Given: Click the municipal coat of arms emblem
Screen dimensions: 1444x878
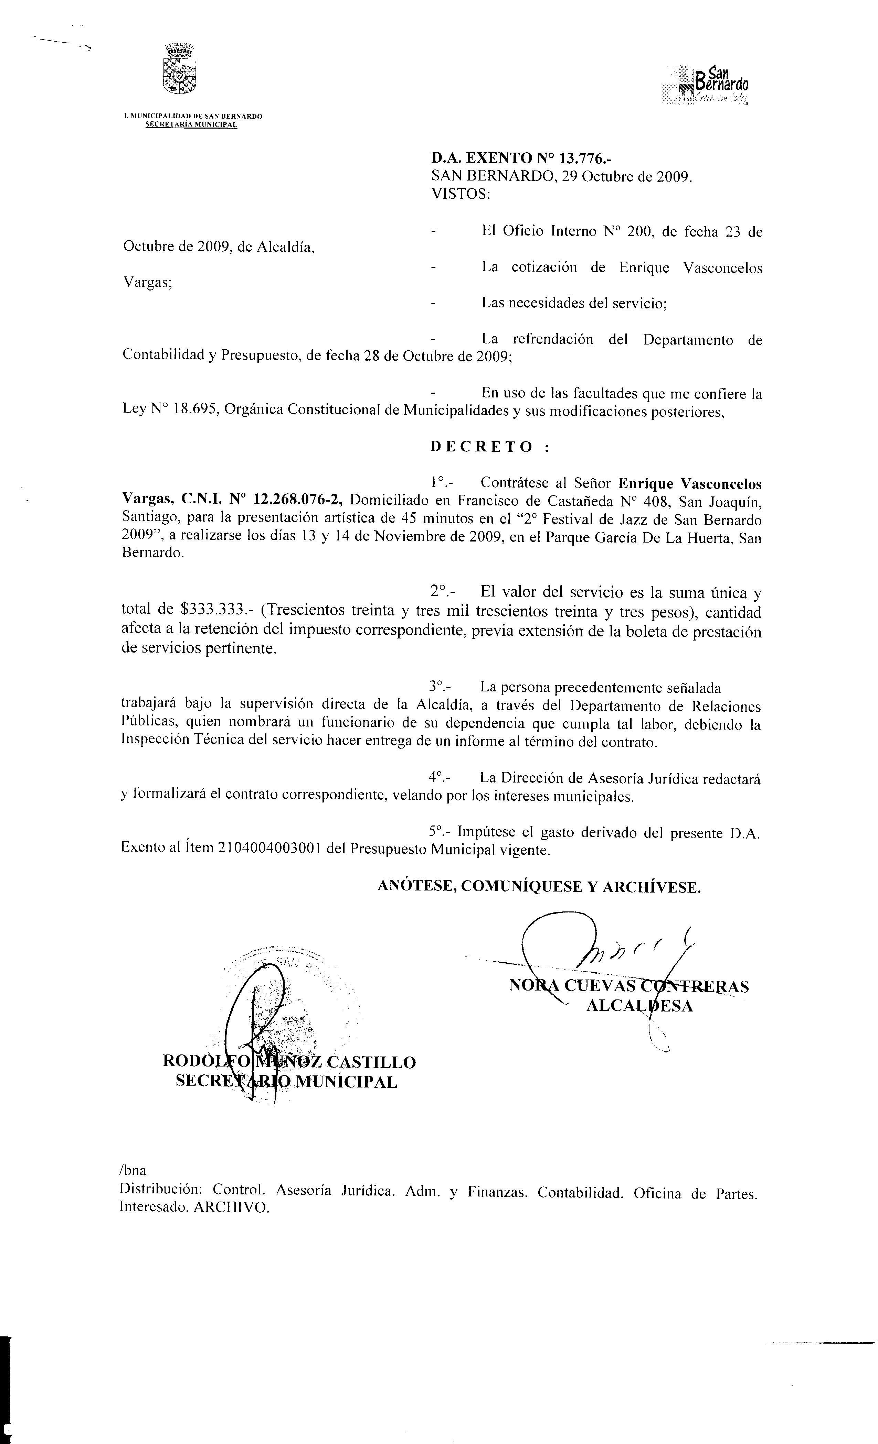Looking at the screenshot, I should (x=179, y=69).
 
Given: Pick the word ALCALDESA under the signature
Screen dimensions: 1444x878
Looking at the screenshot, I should (x=639, y=1006).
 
